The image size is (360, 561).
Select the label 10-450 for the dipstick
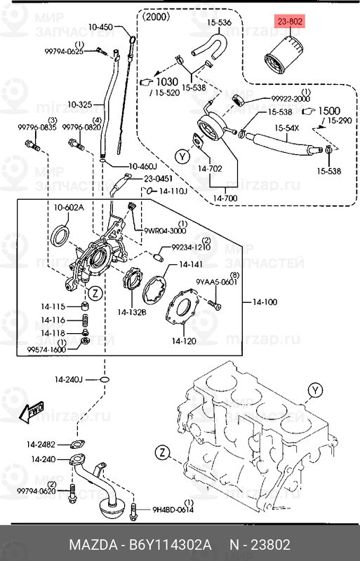[100, 27]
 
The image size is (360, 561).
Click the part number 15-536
[218, 22]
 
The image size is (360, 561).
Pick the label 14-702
[210, 168]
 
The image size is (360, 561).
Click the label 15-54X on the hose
[287, 128]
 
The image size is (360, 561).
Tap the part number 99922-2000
[290, 100]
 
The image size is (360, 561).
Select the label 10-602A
[69, 208]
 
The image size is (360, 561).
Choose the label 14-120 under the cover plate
[184, 342]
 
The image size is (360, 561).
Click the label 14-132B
[131, 311]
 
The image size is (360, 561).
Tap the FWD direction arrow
[31, 412]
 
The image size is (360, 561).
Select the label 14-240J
[69, 379]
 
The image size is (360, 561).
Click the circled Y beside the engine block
[315, 391]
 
